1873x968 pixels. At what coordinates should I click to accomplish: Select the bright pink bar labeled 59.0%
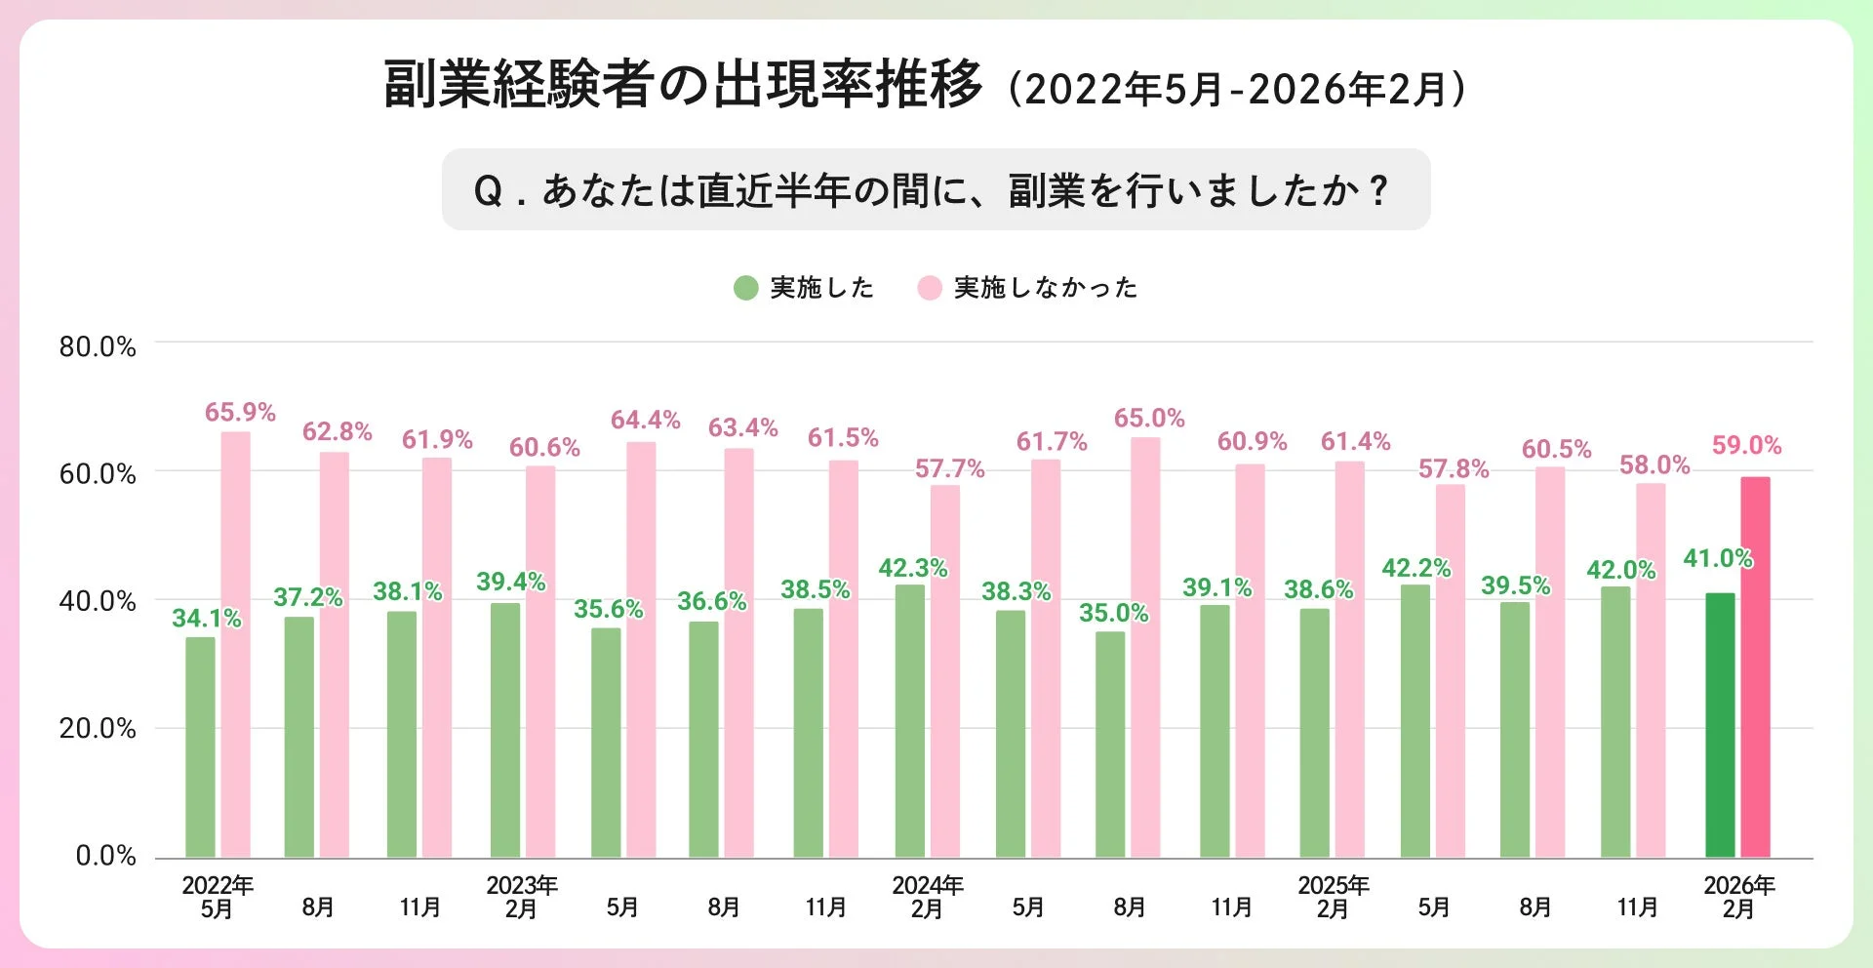point(1755,667)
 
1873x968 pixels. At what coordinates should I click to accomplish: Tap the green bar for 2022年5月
point(200,747)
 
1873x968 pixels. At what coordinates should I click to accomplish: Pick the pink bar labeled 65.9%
point(235,645)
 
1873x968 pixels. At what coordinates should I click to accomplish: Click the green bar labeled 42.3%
point(910,721)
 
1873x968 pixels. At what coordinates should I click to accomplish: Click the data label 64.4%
point(645,421)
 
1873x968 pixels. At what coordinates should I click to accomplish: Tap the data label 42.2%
point(1415,568)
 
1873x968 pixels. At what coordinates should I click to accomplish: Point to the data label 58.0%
point(1654,465)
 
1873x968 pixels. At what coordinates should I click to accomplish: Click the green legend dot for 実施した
point(746,288)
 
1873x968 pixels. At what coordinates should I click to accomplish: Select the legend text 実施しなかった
point(1046,288)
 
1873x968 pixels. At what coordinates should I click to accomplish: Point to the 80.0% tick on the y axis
point(98,347)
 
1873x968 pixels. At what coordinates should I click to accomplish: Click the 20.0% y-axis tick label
point(98,729)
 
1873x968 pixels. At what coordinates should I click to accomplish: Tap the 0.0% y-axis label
point(105,857)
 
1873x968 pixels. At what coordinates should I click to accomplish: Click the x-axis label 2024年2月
point(927,897)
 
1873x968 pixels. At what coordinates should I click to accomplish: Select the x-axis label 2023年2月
point(522,897)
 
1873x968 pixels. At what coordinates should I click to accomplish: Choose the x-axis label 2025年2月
point(1333,897)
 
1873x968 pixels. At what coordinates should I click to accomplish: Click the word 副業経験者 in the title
point(517,85)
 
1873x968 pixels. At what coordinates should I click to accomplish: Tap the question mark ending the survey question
point(1378,190)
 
